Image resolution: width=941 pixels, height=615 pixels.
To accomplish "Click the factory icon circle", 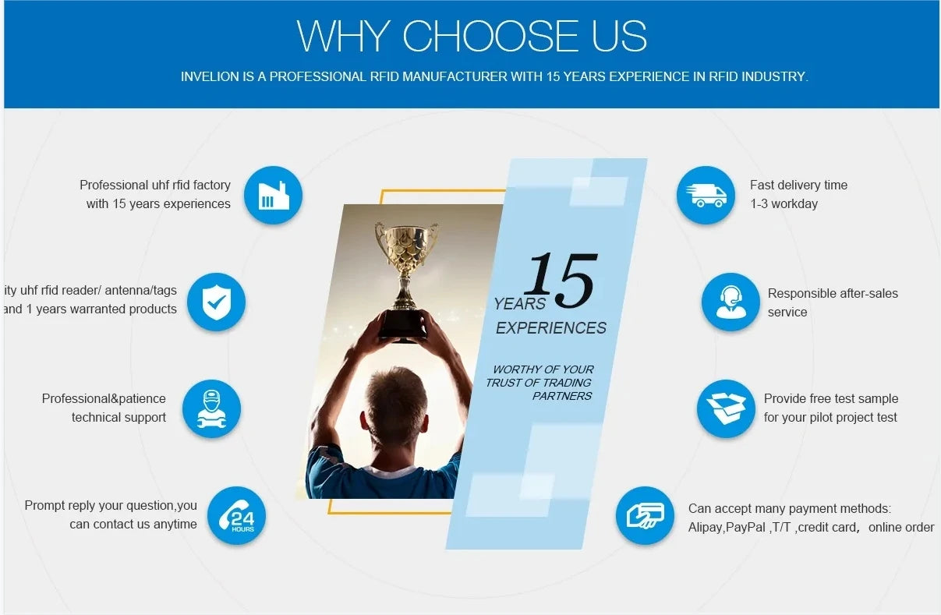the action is (x=273, y=196).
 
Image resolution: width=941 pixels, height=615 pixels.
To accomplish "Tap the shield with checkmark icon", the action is (x=217, y=302).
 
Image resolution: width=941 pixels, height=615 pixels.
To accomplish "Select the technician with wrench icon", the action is (x=212, y=408).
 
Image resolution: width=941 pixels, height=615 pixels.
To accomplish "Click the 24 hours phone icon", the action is (x=236, y=516).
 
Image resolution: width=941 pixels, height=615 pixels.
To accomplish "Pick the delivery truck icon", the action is (x=706, y=196).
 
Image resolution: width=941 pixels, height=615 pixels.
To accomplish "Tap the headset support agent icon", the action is (x=731, y=302).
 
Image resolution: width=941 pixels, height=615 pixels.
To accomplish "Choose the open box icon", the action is (x=726, y=408).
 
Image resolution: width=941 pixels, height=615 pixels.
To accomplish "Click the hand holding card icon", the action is (x=646, y=516).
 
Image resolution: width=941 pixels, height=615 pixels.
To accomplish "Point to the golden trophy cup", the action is (x=406, y=281).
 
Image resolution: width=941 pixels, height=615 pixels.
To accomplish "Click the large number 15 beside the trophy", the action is (x=561, y=280).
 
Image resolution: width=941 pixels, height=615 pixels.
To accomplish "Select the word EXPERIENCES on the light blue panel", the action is (x=550, y=327).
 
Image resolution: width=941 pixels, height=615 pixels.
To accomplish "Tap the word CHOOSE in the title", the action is (x=490, y=36).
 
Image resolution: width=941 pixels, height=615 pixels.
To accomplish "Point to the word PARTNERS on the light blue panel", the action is (x=561, y=396).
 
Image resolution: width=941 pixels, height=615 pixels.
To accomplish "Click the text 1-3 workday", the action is (x=784, y=203).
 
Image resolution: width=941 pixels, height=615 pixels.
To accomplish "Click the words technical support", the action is (x=119, y=418).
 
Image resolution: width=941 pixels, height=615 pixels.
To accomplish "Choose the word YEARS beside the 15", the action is (x=520, y=303).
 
